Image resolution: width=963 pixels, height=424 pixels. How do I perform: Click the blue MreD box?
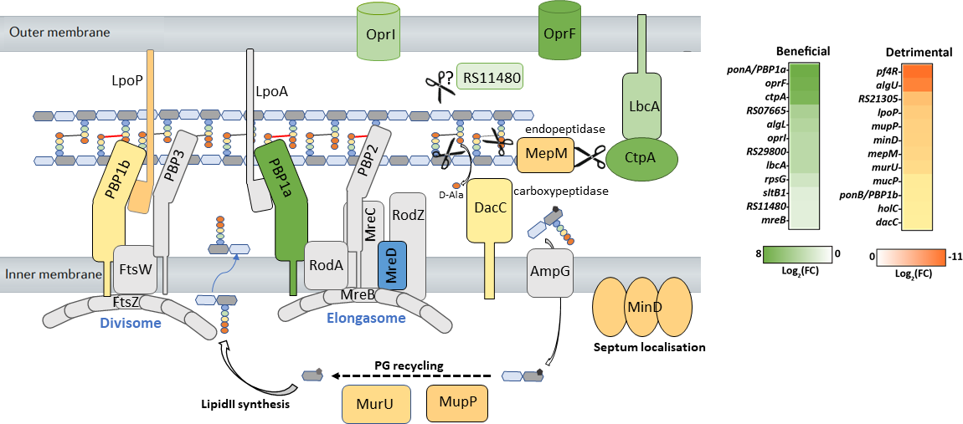392,266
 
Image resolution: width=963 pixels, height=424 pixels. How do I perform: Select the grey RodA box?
326,265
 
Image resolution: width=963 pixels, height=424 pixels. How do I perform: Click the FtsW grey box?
134,269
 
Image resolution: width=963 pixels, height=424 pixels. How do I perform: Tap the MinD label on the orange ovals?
641,309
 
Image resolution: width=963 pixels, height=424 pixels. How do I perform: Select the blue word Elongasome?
365,318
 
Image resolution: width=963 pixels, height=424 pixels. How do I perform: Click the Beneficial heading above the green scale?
803,51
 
